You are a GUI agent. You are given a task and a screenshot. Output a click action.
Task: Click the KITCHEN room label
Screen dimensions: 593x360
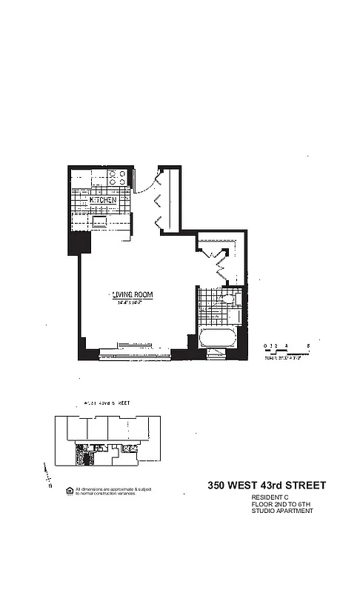pyautogui.click(x=103, y=201)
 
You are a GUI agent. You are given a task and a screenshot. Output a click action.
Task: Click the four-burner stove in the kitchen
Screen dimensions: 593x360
pyautogui.click(x=116, y=177)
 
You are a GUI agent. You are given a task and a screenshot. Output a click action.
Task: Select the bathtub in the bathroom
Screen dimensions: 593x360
pyautogui.click(x=218, y=344)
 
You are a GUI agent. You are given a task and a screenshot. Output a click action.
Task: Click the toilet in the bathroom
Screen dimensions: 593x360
pyautogui.click(x=230, y=301)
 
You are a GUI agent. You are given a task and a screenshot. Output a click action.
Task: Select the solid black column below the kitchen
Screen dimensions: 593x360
pyautogui.click(x=79, y=241)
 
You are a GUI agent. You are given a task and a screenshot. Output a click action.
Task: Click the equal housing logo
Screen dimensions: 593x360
pyautogui.click(x=70, y=490)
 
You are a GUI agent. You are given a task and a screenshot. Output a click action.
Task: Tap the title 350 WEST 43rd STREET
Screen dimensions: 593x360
pyautogui.click(x=266, y=486)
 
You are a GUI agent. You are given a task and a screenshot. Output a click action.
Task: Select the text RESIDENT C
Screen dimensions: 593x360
pyautogui.click(x=270, y=497)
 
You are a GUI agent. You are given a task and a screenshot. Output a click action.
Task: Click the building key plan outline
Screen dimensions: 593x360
pyautogui.click(x=104, y=441)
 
